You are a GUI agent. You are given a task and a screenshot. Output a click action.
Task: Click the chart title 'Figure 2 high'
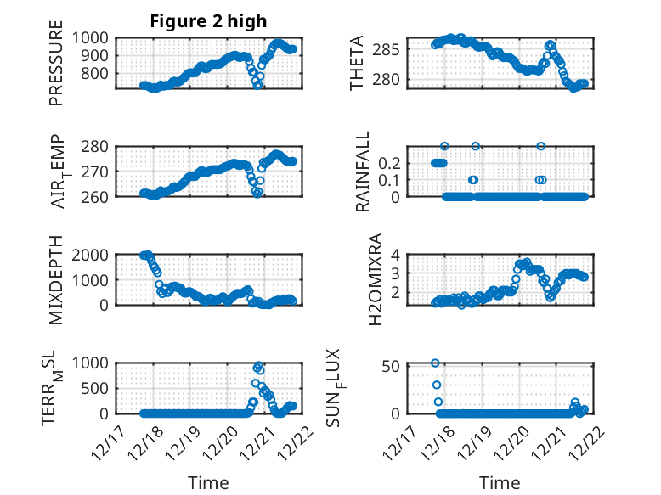[208, 21]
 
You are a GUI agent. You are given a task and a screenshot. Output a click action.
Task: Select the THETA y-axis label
[356, 63]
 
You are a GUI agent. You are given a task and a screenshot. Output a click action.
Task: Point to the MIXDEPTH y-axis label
[56, 278]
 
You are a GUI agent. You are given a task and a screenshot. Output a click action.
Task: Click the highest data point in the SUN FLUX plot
[435, 363]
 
